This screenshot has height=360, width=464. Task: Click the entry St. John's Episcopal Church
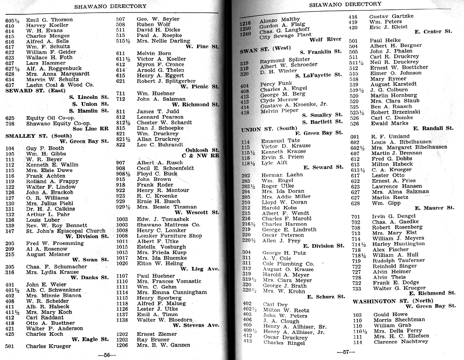tap(65, 231)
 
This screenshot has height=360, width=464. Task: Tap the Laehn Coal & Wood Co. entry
tap(60, 85)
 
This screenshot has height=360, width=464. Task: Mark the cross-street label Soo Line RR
tap(90, 129)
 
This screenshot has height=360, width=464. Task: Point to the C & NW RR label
tap(202, 156)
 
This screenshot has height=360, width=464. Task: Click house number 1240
tap(245, 35)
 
